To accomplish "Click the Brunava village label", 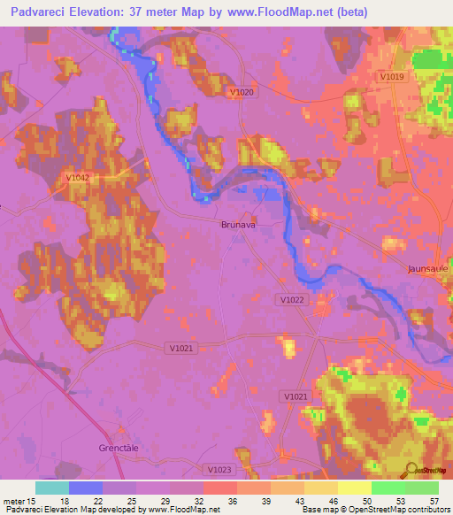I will pos(237,226).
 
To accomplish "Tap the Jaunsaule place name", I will pos(429,268).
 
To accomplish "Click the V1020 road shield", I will pos(241,92).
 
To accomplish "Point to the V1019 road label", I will pos(392,77).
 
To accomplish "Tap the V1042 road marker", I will pos(79,178).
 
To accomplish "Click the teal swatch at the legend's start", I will pos(52,488).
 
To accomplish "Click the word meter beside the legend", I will pos(16,500).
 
